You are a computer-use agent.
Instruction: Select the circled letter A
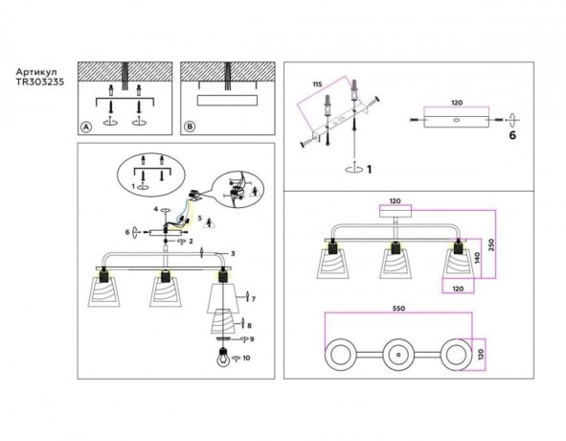tap(86, 126)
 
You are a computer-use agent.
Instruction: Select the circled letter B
tap(190, 126)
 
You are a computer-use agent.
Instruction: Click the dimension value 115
tap(316, 85)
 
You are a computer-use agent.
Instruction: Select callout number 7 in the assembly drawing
tap(254, 299)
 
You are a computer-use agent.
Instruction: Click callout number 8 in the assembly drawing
tap(250, 326)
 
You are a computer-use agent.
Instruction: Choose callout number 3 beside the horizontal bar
tap(233, 253)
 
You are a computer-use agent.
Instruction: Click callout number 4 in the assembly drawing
tap(153, 208)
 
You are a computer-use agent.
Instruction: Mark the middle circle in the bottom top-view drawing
tap(396, 354)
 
